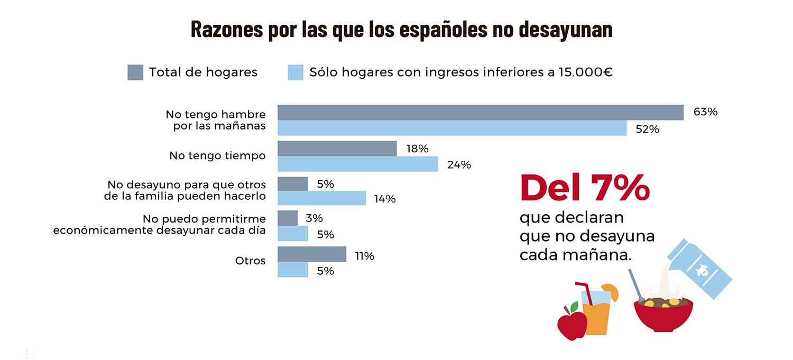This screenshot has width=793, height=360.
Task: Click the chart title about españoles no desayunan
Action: click(x=401, y=30)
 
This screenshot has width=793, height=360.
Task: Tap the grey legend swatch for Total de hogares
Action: click(x=135, y=72)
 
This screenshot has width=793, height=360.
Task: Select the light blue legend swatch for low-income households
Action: click(x=296, y=72)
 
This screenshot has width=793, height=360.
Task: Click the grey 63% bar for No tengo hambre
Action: click(x=481, y=112)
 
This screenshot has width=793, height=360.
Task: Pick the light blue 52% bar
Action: click(x=452, y=128)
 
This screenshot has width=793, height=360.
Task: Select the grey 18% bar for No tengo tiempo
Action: click(x=337, y=149)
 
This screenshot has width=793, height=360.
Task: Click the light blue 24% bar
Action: click(x=357, y=164)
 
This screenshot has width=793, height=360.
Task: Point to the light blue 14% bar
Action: click(x=321, y=198)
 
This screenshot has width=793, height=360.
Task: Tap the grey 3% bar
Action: click(x=288, y=218)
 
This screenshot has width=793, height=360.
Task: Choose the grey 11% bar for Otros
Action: click(x=312, y=254)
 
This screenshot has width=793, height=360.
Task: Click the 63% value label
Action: click(x=705, y=112)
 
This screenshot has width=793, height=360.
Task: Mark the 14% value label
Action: click(x=385, y=199)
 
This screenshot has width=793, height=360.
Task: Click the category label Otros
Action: click(x=250, y=261)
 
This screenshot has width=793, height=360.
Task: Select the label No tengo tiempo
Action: click(x=217, y=156)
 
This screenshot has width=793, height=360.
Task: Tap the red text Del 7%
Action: click(x=585, y=188)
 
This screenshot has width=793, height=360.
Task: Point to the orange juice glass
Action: click(x=597, y=313)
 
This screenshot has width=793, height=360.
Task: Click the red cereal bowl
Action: click(x=663, y=315)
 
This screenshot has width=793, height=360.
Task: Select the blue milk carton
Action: click(x=699, y=269)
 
